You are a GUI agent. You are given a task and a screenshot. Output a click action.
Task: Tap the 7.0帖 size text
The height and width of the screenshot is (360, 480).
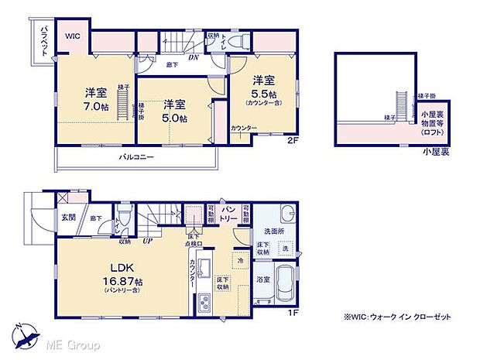coord(96,107)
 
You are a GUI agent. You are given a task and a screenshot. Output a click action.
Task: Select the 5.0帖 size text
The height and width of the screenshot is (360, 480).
coord(175,118)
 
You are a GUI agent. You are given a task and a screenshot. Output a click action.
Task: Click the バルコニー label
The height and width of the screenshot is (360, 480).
coord(135,157)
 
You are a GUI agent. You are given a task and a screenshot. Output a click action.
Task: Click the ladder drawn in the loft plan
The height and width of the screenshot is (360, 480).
coord(400,101)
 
